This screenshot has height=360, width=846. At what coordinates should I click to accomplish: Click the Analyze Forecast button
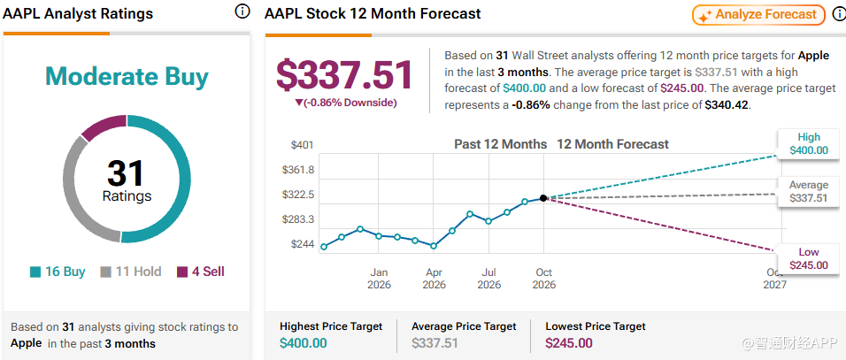tap(758, 15)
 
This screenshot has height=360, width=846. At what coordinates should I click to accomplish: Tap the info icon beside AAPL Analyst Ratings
tap(242, 11)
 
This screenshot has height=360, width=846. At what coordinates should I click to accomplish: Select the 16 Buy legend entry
tap(58, 272)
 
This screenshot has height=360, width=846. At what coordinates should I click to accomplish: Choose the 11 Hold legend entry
tap(131, 272)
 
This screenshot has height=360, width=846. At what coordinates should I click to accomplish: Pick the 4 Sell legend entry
tap(201, 272)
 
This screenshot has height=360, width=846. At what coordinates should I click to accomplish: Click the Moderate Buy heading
tap(127, 77)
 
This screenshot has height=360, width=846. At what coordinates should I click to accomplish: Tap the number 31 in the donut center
tap(127, 173)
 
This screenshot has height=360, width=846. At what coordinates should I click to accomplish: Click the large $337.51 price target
tap(345, 75)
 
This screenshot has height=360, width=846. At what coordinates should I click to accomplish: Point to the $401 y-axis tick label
tap(302, 145)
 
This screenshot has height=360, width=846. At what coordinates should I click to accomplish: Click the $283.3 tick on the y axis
tap(298, 220)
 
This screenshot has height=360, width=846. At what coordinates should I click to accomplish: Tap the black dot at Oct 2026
tap(543, 198)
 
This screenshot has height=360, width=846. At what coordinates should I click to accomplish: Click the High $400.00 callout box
tap(809, 144)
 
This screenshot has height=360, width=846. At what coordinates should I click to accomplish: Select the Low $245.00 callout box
tap(809, 258)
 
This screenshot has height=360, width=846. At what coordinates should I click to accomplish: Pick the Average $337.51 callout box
tap(809, 192)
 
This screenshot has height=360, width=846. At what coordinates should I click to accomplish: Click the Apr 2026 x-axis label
tap(435, 278)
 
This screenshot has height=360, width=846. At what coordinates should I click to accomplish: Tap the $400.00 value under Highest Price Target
tap(304, 343)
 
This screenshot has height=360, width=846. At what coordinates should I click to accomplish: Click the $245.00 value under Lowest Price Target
tap(569, 343)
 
